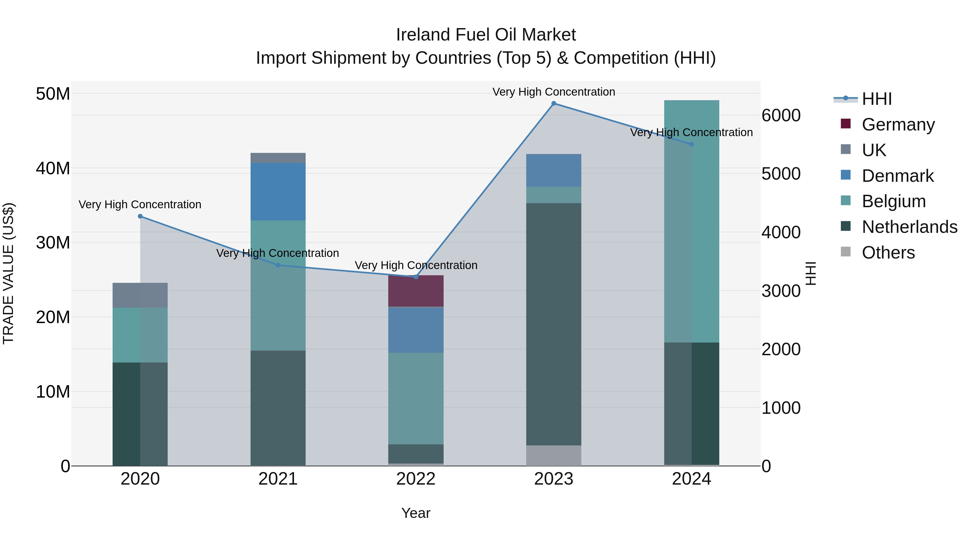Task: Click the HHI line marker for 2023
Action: pos(553,103)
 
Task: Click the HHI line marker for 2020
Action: pos(140,216)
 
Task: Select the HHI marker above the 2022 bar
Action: pos(416,277)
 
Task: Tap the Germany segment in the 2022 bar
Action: pos(416,291)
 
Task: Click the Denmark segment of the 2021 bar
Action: pos(278,192)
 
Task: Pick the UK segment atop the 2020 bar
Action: pos(140,295)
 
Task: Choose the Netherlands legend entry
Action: pos(909,227)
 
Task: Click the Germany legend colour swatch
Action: pos(846,124)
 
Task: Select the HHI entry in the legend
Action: pos(876,99)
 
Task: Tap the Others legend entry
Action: pos(888,253)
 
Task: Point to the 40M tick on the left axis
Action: pos(53,168)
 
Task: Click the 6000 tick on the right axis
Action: pos(781,116)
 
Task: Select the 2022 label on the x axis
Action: pos(416,479)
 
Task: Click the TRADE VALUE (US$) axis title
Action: pos(8,273)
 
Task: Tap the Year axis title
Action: pos(416,513)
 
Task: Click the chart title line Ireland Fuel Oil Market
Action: pos(486,35)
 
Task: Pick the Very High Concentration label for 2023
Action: pos(553,92)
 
